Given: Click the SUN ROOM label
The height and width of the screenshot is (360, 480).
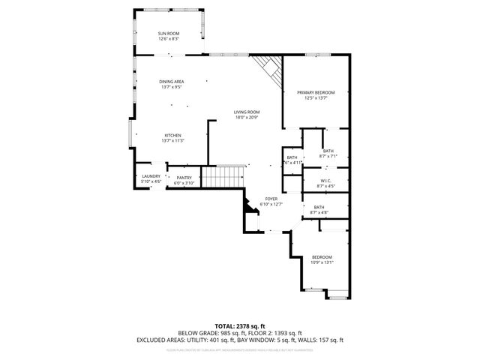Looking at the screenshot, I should [168, 34].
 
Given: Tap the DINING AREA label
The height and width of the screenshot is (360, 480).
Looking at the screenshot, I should [172, 82].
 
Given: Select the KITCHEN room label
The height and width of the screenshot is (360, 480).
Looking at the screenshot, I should [172, 136].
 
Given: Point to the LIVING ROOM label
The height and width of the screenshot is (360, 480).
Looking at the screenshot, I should [246, 112].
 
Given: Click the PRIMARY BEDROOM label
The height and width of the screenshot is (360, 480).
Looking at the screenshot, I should [315, 92].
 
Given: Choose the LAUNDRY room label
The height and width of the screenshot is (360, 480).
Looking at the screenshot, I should [151, 176].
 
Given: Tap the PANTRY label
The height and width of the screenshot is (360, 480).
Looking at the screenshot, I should [184, 178].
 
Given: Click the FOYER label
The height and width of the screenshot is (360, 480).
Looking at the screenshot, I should [271, 199].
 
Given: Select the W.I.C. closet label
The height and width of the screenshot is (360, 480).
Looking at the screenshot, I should [325, 180].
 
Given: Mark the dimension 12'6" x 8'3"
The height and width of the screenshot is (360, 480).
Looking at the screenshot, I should [168, 39].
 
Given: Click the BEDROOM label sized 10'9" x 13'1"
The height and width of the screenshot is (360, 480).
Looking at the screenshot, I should [322, 257].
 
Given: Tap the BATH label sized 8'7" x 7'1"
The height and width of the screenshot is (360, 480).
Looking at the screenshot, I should [328, 151].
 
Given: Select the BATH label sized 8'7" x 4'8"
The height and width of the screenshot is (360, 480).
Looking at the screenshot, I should [319, 208].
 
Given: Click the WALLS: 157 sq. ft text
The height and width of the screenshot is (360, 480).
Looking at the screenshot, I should [319, 340].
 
